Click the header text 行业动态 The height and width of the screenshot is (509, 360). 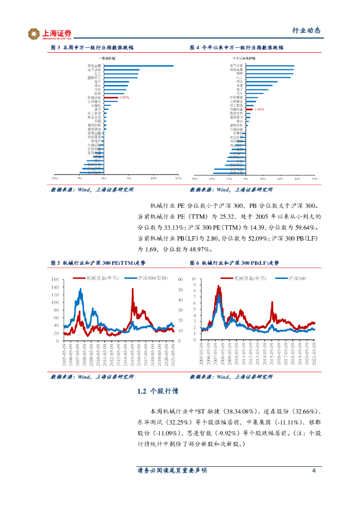pyautogui.click(x=306, y=31)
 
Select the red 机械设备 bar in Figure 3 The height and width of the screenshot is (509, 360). pyautogui.click(x=111, y=97)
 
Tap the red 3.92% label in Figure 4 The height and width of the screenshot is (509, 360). pyautogui.click(x=259, y=109)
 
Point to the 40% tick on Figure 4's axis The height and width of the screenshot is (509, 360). pyautogui.click(x=314, y=177)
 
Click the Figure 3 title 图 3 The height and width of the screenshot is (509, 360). pyautogui.click(x=56, y=48)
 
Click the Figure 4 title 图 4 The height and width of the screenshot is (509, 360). pyautogui.click(x=195, y=48)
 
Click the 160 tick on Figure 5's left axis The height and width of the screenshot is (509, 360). pyautogui.click(x=55, y=280)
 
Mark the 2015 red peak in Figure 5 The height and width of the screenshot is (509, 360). pyautogui.click(x=132, y=289)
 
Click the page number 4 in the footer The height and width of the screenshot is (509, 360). pyautogui.click(x=314, y=470)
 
